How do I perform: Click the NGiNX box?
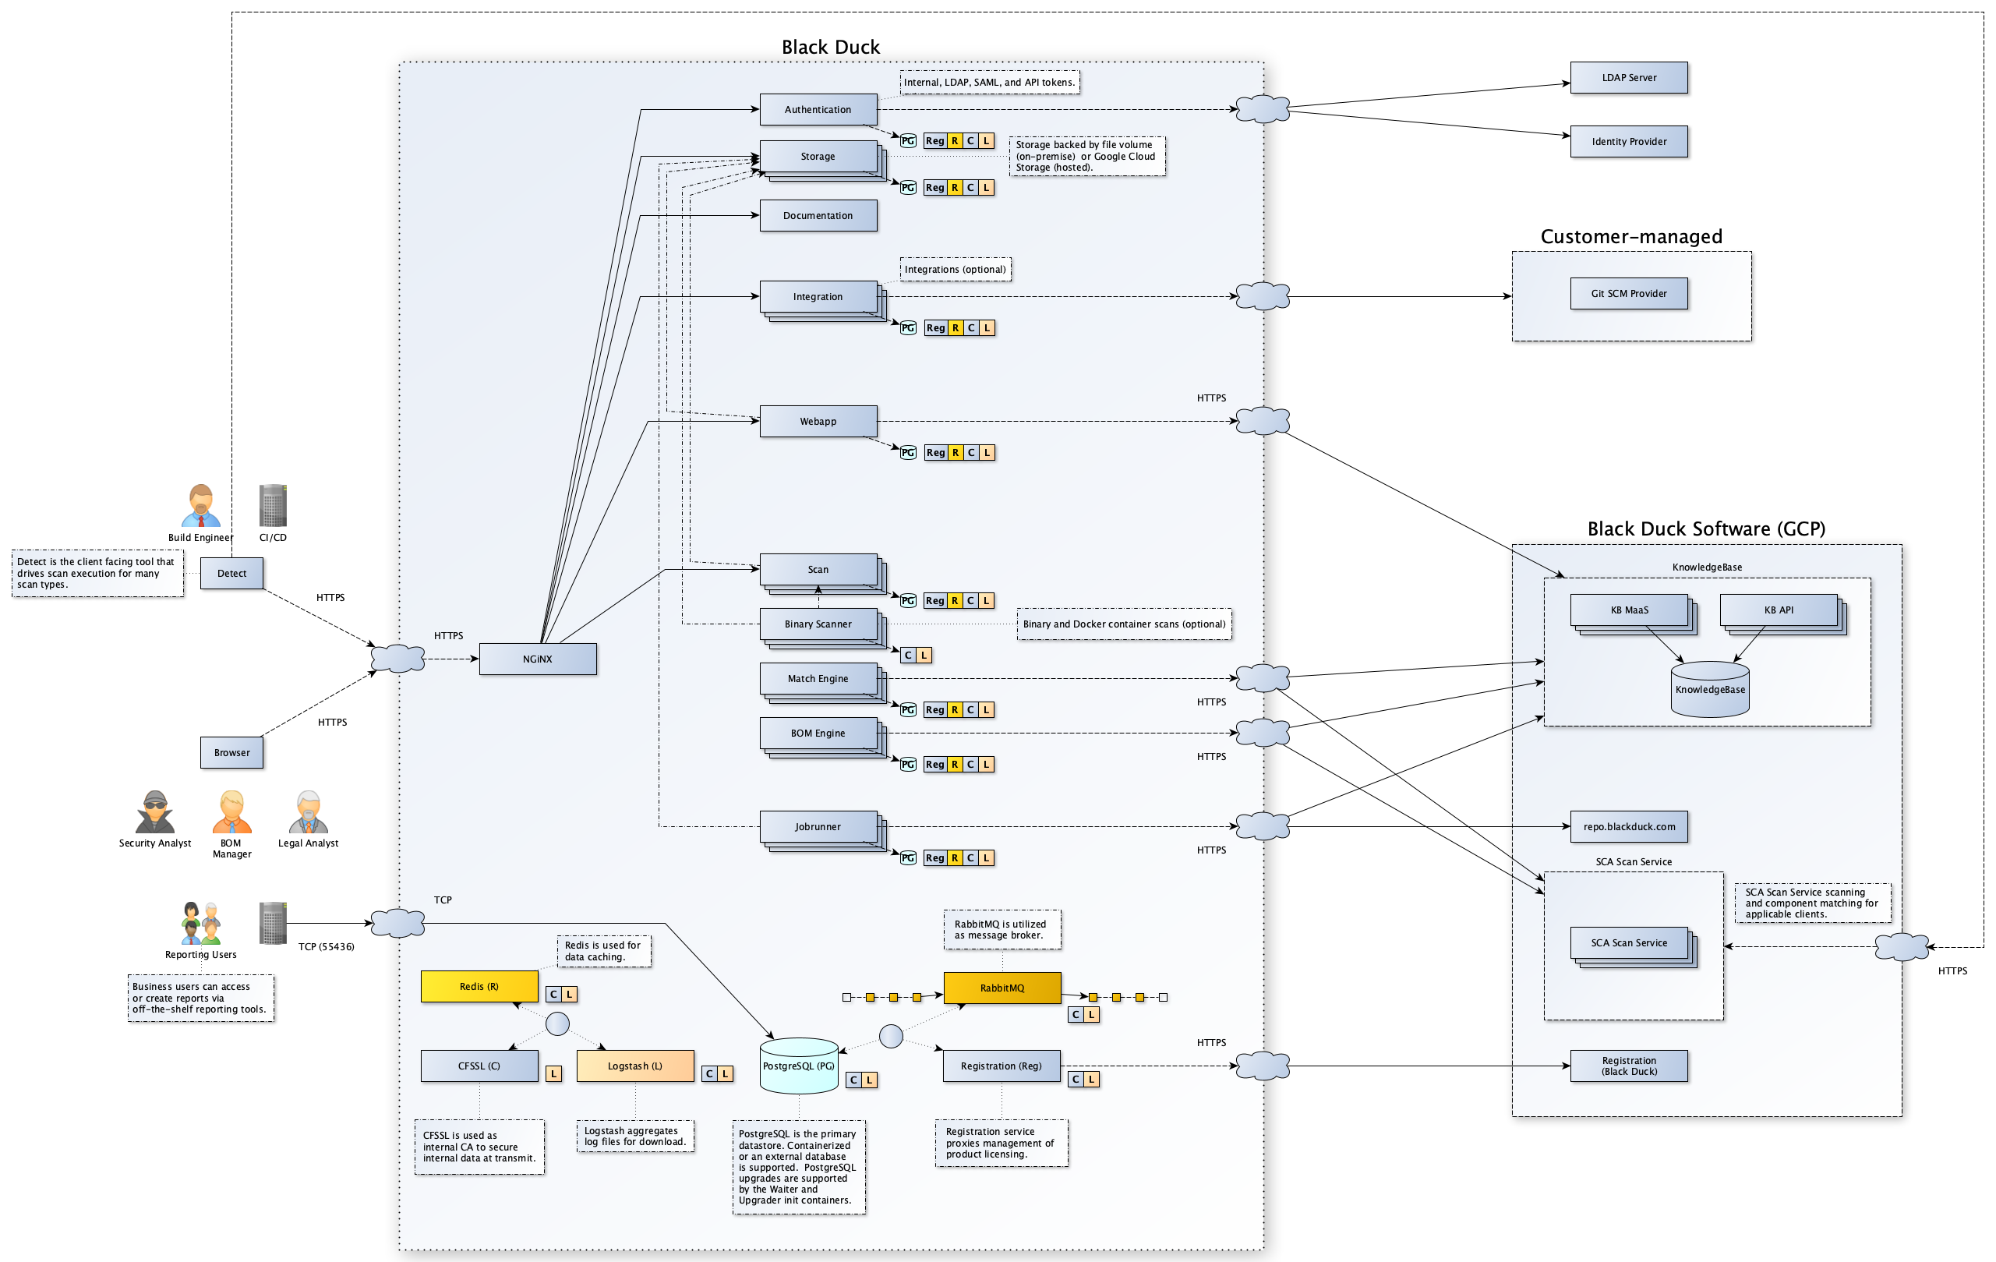pyautogui.click(x=537, y=659)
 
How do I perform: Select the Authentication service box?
pyautogui.click(x=818, y=109)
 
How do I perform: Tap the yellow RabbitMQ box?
pyautogui.click(x=1002, y=988)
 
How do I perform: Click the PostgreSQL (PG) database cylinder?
pyautogui.click(x=798, y=1066)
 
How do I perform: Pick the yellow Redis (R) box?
pyautogui.click(x=479, y=986)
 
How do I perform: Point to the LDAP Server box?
pyautogui.click(x=1628, y=78)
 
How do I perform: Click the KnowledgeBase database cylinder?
pyautogui.click(x=1709, y=689)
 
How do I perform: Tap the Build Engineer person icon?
pyautogui.click(x=200, y=506)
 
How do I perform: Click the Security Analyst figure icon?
pyautogui.click(x=155, y=811)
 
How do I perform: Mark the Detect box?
pyautogui.click(x=232, y=573)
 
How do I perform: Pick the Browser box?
pyautogui.click(x=232, y=753)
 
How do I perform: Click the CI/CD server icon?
pyautogui.click(x=273, y=506)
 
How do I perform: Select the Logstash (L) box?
pyautogui.click(x=634, y=1066)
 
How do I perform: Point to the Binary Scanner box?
pyautogui.click(x=818, y=624)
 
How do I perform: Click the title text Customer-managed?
pyautogui.click(x=1630, y=237)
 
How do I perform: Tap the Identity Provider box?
pyautogui.click(x=1628, y=142)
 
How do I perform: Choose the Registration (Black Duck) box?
pyautogui.click(x=1628, y=1066)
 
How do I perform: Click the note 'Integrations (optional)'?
pyautogui.click(x=955, y=270)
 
